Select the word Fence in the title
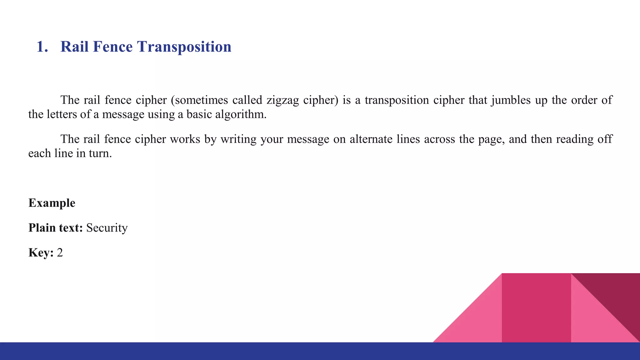coord(112,47)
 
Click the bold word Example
coord(52,203)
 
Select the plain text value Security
coord(107,228)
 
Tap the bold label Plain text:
coord(56,228)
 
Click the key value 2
coord(60,252)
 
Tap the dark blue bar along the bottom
coord(219,351)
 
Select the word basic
coord(199,115)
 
